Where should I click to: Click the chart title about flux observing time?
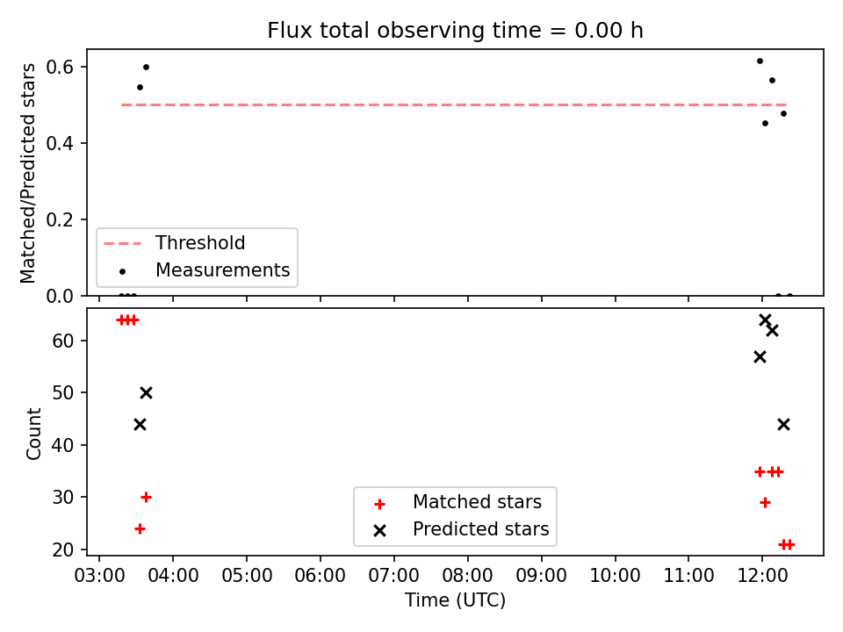coord(455,31)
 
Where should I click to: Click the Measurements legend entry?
coord(205,269)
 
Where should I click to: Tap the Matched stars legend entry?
coord(458,502)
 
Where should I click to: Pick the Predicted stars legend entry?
coord(461,529)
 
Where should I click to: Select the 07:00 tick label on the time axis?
coord(393,576)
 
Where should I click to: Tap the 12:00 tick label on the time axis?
coord(762,576)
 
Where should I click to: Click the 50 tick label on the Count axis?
coord(63,393)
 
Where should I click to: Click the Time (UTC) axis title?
coord(455,600)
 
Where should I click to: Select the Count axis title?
coord(33,433)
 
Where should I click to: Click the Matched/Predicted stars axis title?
coord(27,173)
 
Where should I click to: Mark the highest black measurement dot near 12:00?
coord(760,61)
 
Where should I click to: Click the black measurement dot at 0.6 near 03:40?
coord(146,68)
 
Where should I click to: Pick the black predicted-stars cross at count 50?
coord(146,393)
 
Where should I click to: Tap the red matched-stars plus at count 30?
coord(146,497)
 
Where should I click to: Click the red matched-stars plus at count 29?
coord(765,502)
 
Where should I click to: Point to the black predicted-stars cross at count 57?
coord(760,357)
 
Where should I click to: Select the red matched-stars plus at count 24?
coord(140,528)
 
